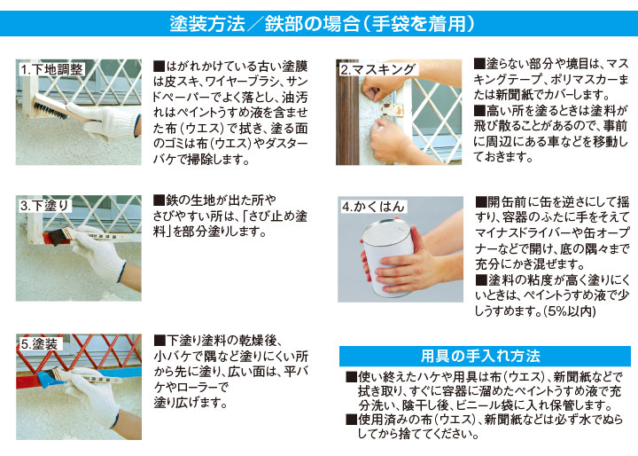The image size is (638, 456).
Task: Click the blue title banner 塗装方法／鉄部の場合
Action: point(319,22)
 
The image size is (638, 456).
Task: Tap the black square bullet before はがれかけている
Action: point(159,67)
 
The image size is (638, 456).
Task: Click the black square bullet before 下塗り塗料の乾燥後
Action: point(159,340)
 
